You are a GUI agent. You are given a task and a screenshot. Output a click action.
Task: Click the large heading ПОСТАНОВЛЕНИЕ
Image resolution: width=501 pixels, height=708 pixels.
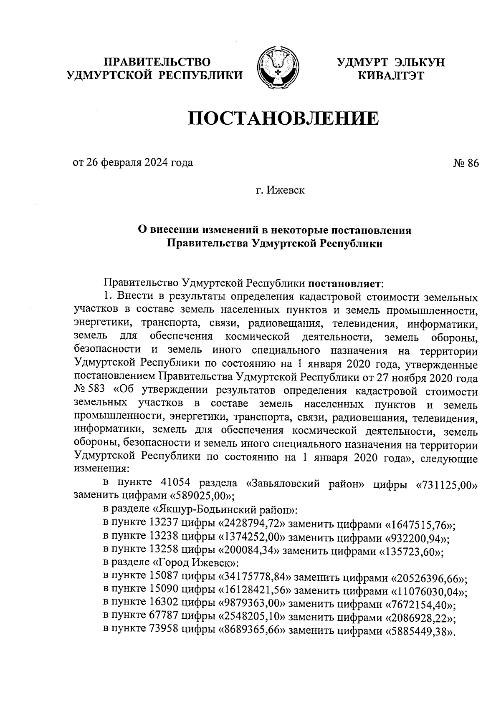(x=283, y=118)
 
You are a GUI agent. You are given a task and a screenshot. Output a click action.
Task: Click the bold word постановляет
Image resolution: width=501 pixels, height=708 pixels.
(x=344, y=284)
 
